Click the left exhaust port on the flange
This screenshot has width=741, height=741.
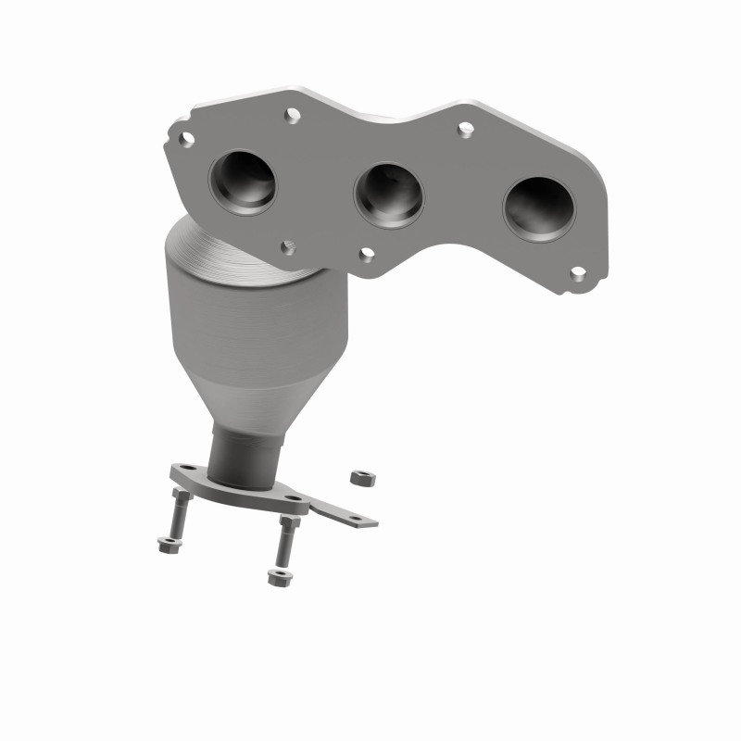coord(243,182)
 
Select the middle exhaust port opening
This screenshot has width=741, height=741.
coord(389,195)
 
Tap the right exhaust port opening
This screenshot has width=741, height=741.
coord(538,208)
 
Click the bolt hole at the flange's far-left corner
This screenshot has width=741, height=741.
coord(186,139)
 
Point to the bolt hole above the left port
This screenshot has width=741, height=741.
coord(293,116)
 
